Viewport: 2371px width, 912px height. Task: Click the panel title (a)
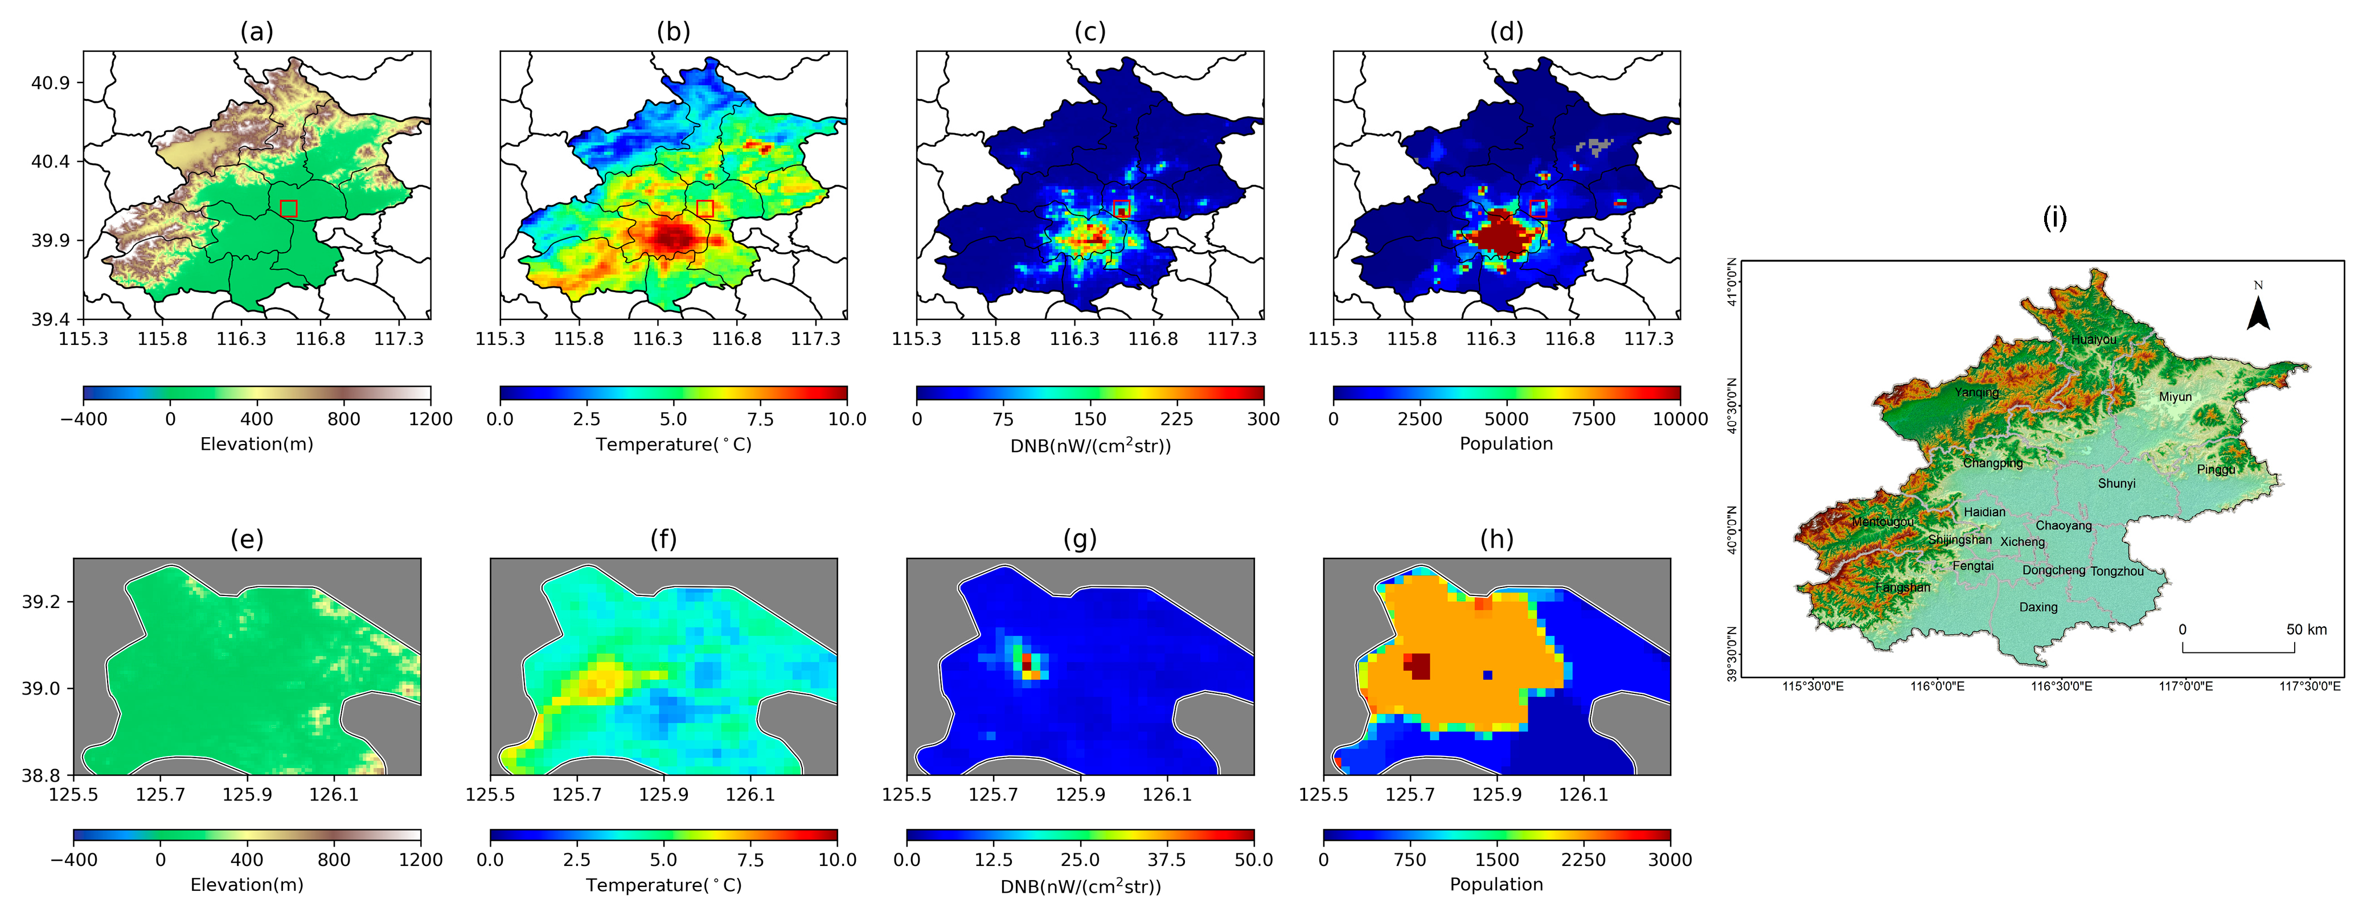click(x=257, y=32)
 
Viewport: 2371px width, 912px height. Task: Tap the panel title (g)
click(x=1080, y=539)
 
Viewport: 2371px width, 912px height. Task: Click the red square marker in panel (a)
click(x=288, y=208)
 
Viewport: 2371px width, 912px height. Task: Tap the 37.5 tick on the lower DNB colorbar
click(x=1166, y=860)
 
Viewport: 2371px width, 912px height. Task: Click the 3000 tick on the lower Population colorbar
click(x=1669, y=860)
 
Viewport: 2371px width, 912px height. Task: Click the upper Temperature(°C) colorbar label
click(x=673, y=445)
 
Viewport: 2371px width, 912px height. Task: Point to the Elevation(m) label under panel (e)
click(x=247, y=885)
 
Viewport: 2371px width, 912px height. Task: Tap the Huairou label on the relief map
click(x=2093, y=340)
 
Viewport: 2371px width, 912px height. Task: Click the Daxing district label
click(x=2038, y=607)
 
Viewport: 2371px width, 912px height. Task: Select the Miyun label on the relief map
click(x=2175, y=397)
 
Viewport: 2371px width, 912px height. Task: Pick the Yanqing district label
click(x=1976, y=392)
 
